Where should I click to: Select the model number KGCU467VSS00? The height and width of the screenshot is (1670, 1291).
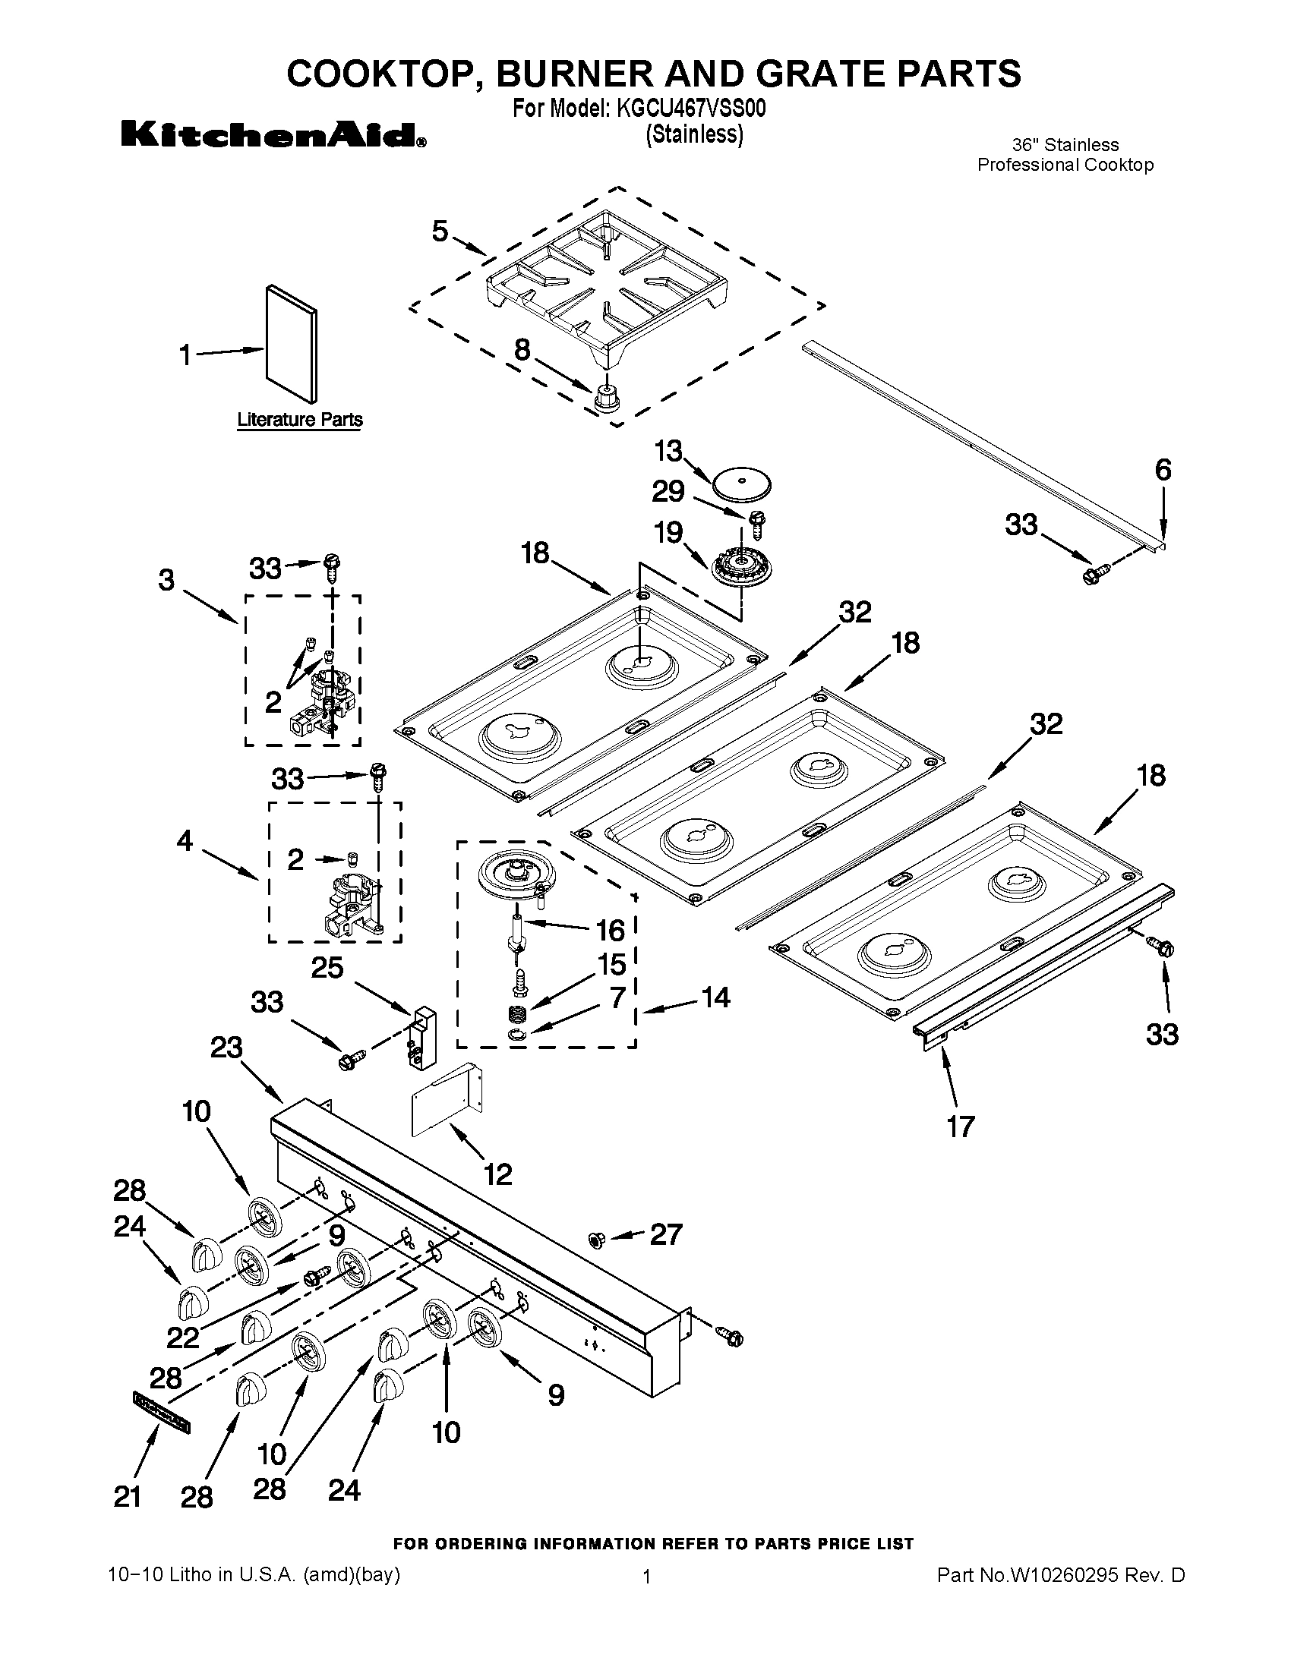[x=690, y=109]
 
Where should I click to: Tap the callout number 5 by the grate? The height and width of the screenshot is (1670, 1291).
[x=440, y=231]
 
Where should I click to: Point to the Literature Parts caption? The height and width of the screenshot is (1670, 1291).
[x=300, y=420]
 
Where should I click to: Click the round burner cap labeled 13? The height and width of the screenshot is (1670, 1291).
[x=741, y=485]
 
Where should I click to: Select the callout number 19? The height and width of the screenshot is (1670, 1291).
[x=668, y=532]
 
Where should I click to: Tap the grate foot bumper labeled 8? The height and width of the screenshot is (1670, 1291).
[x=607, y=397]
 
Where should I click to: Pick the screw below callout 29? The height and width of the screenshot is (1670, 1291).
[x=759, y=525]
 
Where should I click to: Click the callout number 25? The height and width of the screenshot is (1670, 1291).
[x=327, y=968]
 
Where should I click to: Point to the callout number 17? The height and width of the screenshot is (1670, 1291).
[x=961, y=1126]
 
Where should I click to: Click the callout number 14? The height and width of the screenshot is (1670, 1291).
[x=715, y=997]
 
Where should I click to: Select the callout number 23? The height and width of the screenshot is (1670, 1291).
[x=226, y=1047]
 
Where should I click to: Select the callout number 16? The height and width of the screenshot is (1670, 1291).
[x=611, y=931]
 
